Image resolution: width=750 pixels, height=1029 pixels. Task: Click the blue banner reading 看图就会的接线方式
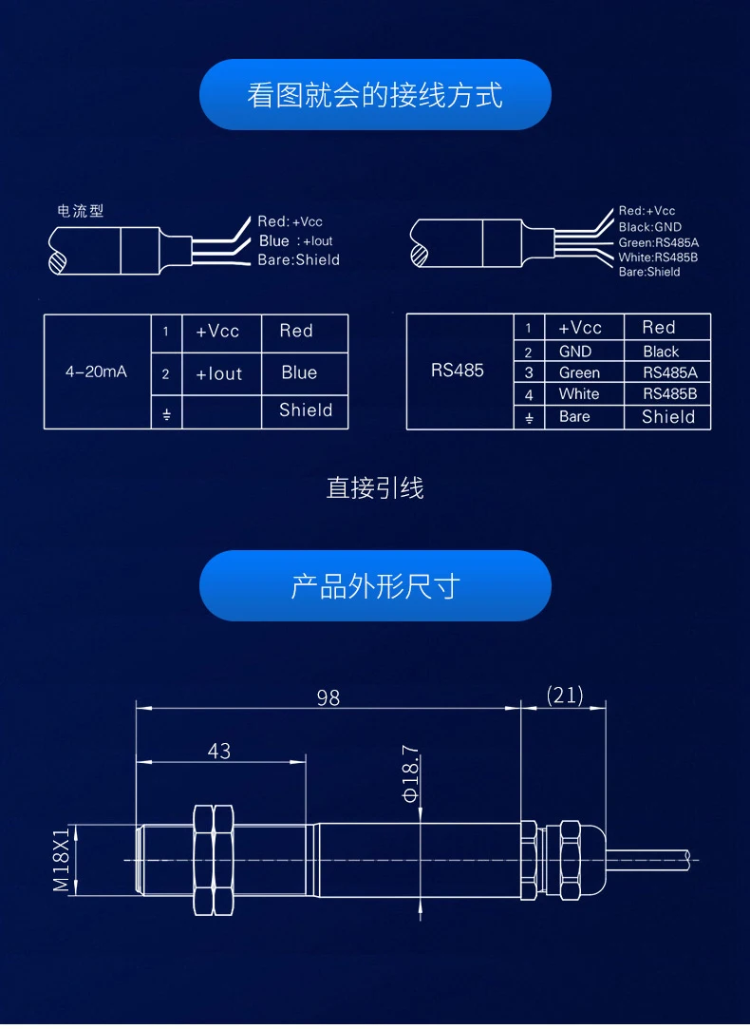[375, 95]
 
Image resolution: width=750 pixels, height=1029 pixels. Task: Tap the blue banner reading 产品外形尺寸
[375, 586]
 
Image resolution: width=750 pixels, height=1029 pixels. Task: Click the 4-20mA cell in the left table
[96, 372]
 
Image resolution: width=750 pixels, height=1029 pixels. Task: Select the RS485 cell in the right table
[458, 371]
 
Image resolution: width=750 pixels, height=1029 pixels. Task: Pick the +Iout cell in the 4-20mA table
[219, 373]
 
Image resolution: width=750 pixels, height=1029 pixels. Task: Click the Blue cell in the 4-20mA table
[299, 372]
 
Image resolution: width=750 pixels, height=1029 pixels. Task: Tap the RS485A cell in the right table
[669, 372]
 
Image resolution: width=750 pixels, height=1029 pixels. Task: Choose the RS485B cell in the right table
[669, 393]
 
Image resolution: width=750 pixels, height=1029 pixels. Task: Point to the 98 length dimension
[328, 698]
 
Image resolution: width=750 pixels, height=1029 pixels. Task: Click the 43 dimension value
[219, 752]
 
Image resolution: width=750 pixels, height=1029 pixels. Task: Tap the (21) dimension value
[565, 696]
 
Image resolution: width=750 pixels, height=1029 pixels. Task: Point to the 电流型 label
[81, 211]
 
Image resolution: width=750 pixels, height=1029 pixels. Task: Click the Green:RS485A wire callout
[659, 242]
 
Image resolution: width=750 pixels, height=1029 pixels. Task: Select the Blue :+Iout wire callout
[296, 241]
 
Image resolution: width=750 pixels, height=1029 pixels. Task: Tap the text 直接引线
[375, 488]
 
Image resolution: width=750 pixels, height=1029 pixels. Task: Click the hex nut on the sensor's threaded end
[214, 860]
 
